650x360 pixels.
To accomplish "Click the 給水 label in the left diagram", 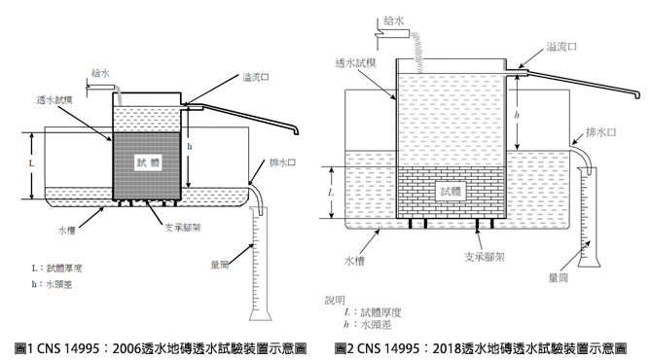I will coord(99,72).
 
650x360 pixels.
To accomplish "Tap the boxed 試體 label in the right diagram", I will coord(451,192).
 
